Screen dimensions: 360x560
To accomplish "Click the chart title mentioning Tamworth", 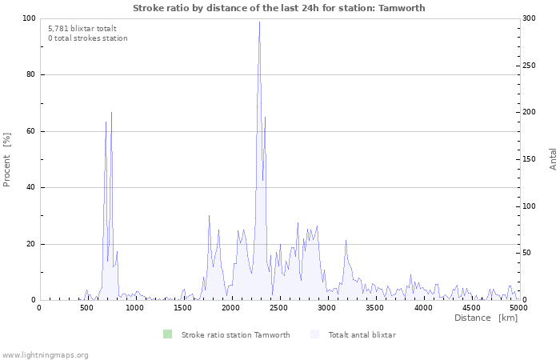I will pos(279,8).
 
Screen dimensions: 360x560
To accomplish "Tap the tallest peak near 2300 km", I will pos(259,22).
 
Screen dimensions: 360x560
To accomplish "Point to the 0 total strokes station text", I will pos(87,38).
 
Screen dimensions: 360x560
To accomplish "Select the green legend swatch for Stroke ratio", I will pos(167,334).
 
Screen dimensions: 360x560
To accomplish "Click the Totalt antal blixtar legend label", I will pos(362,334).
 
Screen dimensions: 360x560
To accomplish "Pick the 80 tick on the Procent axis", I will pos(31,74).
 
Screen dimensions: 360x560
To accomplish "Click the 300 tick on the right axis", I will pos(530,18).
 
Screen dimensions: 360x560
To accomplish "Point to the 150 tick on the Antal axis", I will pos(530,159).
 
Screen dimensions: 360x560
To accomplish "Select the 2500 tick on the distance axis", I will pos(278,307).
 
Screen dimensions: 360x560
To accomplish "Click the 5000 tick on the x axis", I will pos(518,307).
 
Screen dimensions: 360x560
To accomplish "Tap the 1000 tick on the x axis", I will pos(134,307).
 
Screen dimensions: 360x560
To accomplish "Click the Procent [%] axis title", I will pos(7,159).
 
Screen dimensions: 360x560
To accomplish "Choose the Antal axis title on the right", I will pos(553,158).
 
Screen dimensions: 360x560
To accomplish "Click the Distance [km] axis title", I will pos(486,318).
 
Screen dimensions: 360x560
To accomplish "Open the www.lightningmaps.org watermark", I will pos(45,354).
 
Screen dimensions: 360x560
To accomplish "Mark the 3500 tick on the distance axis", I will pos(374,307).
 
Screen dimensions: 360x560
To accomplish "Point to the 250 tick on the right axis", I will pos(530,66).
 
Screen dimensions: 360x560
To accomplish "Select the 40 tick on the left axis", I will pos(31,187).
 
